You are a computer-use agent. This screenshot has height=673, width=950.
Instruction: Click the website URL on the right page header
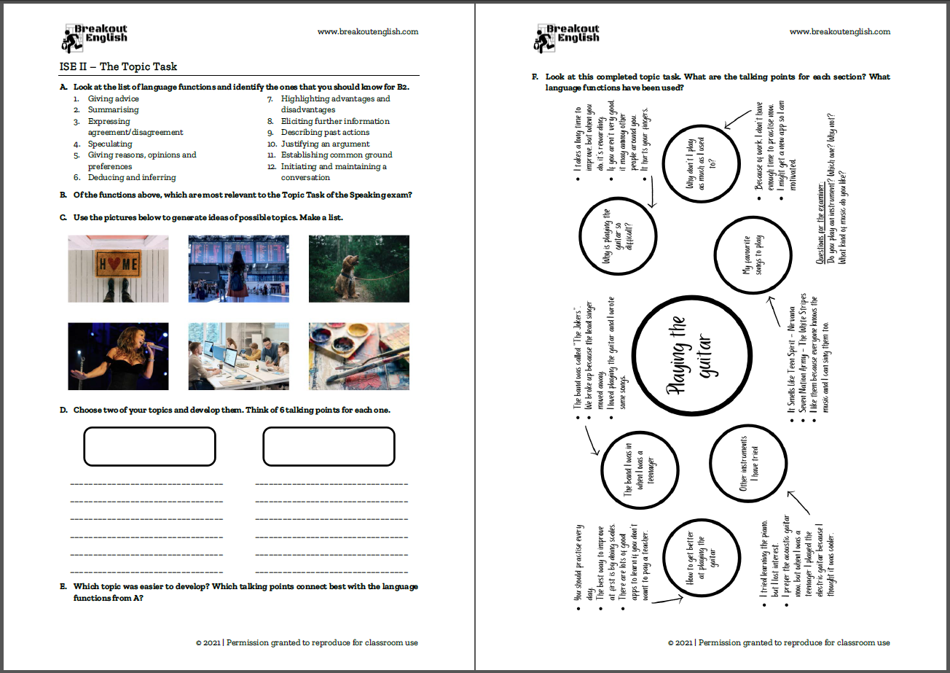(x=840, y=31)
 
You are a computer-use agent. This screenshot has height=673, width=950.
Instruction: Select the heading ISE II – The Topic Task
(x=118, y=66)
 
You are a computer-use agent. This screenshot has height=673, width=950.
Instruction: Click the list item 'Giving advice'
(x=113, y=98)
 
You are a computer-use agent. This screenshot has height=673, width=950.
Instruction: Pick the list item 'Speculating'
(x=110, y=144)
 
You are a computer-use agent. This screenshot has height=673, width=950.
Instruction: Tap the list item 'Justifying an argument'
(x=325, y=144)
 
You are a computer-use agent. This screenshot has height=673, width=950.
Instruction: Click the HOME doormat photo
(x=118, y=268)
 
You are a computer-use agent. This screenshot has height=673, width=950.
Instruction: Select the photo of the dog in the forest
(x=358, y=268)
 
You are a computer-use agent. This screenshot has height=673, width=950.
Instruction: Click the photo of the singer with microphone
(x=118, y=357)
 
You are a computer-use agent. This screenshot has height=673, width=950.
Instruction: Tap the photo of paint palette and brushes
(x=358, y=357)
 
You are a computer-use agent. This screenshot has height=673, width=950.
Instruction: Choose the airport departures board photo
(x=238, y=268)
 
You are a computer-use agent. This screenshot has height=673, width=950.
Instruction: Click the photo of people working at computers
(x=238, y=357)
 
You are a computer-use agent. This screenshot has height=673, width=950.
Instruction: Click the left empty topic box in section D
(x=149, y=446)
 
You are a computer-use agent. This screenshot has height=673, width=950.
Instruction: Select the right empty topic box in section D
(x=329, y=446)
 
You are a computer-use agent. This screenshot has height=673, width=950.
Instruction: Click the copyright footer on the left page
(x=307, y=642)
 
